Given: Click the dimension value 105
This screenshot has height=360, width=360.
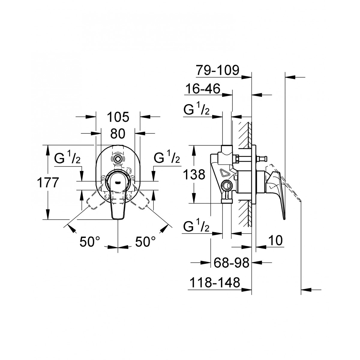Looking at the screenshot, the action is click(118, 117).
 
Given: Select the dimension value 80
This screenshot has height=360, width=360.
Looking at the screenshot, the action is click(118, 134).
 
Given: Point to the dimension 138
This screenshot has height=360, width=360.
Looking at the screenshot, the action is click(194, 175).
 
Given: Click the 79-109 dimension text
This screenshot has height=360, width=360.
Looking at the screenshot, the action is click(217, 70).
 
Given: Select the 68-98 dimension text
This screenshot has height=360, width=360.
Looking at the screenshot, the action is click(232, 262).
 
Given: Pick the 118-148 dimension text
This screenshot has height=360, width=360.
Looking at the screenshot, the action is click(215, 282).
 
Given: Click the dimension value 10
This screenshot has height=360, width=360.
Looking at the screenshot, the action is click(276, 240).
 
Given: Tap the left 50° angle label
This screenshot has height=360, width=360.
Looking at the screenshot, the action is click(90, 241).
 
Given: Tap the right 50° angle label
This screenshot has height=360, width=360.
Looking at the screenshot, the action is click(145, 241).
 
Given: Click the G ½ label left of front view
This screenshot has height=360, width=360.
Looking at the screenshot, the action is click(67, 158).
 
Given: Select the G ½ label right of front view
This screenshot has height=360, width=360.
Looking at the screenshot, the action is click(167, 158).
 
